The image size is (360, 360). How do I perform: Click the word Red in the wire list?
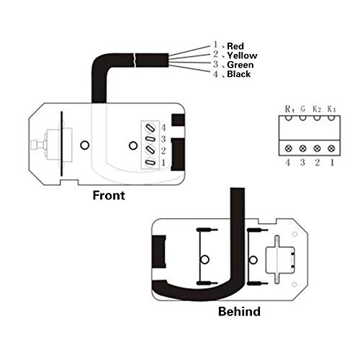pos(235,46)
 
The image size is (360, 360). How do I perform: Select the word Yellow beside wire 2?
pos(242,55)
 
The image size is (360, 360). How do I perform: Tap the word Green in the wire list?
pos(240,65)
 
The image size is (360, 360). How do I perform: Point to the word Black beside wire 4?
pos(239,74)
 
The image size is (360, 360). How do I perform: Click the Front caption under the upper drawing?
pos(109,195)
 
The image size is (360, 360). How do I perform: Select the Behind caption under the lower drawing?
pos(239,312)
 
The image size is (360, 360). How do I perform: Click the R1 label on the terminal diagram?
pos(289,109)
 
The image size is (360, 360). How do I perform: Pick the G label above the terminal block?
pos(304,109)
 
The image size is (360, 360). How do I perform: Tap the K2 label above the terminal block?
pos(318,109)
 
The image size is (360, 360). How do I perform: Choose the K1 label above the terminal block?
pos(331,109)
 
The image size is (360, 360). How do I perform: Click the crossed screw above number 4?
pos(289,148)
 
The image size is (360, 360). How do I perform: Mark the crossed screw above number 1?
pos(331,148)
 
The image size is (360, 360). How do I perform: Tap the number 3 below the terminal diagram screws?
pos(304,163)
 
